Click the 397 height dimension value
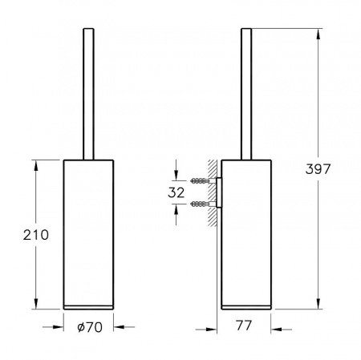318,169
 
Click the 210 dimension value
36,235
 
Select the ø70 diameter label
90,327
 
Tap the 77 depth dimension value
244,326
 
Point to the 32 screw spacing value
176,192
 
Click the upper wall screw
203,181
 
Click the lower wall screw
203,204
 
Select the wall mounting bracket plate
219,192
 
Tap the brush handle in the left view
88,94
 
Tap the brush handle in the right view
246,94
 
